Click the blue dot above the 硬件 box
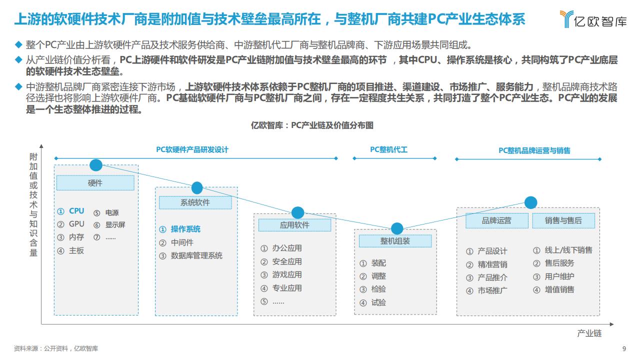point(96,165)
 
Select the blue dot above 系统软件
point(197,188)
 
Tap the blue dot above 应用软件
point(297,213)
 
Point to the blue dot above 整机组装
point(397,228)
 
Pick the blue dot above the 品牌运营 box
point(530,202)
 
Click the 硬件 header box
point(95,183)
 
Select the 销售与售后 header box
point(563,220)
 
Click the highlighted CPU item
point(76,211)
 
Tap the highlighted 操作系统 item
point(185,229)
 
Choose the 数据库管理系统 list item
point(196,255)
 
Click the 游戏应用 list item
point(287,275)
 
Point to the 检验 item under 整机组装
point(378,289)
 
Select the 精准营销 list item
point(492,264)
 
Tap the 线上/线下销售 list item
point(568,250)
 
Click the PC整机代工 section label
point(388,149)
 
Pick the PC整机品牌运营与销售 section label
point(534,150)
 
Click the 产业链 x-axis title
point(589,333)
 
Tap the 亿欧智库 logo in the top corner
point(593,19)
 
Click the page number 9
point(624,348)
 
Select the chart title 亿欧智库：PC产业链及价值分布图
point(312,125)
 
